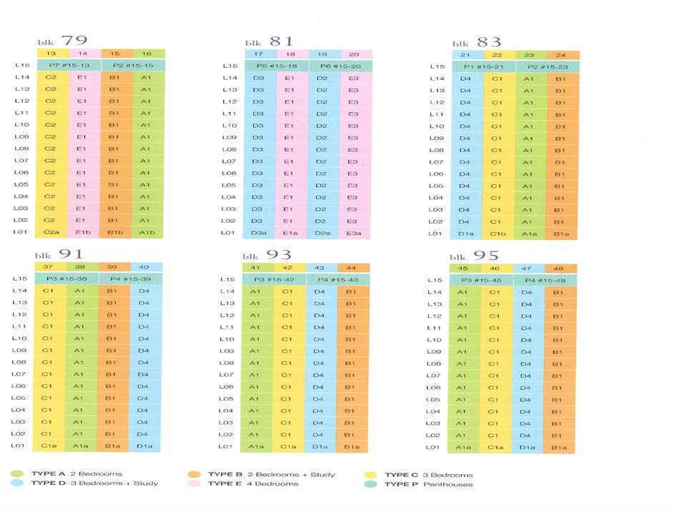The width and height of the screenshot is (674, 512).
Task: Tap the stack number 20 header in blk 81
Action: tap(352, 54)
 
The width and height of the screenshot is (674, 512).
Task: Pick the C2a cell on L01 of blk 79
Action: tap(51, 233)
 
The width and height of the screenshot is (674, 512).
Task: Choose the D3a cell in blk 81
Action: tap(259, 233)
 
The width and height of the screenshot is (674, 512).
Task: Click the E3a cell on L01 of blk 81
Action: tap(352, 233)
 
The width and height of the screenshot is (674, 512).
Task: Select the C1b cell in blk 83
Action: tap(498, 234)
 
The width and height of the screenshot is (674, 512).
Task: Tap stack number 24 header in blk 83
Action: tap(563, 55)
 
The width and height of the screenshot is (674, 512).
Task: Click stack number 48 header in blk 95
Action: tap(561, 268)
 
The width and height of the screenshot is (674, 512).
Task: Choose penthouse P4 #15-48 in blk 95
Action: tap(544, 281)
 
